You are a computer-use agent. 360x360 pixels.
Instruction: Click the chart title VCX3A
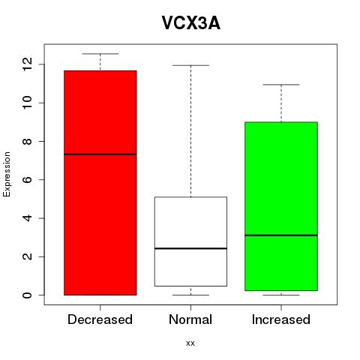click(x=191, y=23)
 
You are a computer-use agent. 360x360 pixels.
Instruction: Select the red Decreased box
click(x=100, y=183)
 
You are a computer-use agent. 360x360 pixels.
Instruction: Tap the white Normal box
click(x=190, y=241)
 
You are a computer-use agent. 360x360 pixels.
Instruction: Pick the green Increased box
click(x=281, y=206)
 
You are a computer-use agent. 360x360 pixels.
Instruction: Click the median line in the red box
click(x=100, y=154)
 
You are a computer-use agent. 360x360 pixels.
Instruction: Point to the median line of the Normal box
click(x=190, y=248)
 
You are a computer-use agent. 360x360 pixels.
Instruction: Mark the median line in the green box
click(x=281, y=235)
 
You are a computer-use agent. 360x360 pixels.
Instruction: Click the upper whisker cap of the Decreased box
click(x=100, y=54)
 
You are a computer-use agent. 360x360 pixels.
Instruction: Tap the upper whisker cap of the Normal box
click(x=190, y=65)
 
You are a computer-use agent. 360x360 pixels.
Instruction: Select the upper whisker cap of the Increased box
click(x=281, y=85)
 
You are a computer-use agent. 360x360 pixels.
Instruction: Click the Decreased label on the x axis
click(x=100, y=319)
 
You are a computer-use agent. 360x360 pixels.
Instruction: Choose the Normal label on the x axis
click(x=190, y=319)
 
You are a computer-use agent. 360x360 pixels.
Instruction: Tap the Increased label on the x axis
click(x=281, y=319)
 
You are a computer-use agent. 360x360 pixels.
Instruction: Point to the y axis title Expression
click(x=7, y=174)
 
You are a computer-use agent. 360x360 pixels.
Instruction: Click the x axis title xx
click(x=190, y=343)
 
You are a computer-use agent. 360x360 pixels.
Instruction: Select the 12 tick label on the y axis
click(x=27, y=64)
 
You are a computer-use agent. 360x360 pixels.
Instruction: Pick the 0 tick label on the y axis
click(x=27, y=295)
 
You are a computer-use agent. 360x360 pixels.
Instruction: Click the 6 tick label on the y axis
click(x=27, y=180)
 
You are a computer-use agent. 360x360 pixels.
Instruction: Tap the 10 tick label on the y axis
click(x=27, y=103)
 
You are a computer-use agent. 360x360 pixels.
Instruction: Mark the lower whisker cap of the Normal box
click(x=190, y=295)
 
